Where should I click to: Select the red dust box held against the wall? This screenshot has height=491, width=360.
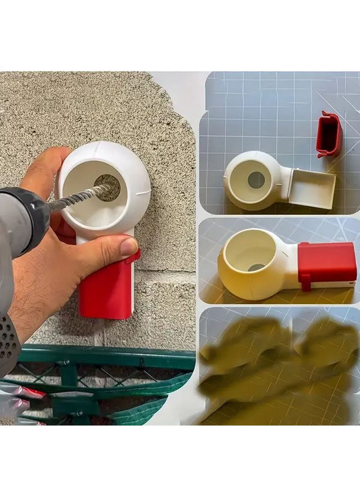tap(106, 292)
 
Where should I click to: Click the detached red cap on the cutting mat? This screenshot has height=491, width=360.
tap(329, 133)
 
